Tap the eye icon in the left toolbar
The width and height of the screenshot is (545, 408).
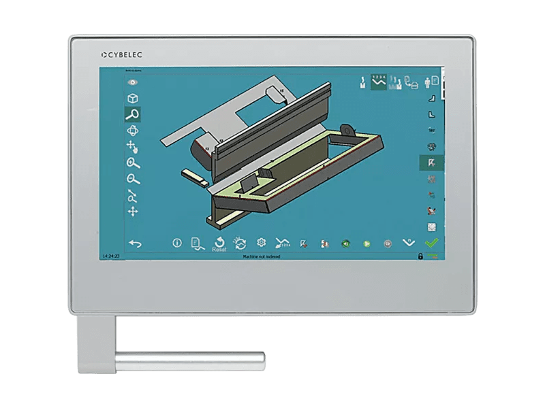pyautogui.click(x=133, y=82)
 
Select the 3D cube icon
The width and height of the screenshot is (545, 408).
pyautogui.click(x=133, y=98)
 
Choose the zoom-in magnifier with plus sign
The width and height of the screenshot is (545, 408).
pyautogui.click(x=133, y=163)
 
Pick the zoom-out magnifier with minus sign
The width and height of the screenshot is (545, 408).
pyautogui.click(x=133, y=180)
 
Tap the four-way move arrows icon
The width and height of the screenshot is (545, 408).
pyautogui.click(x=133, y=212)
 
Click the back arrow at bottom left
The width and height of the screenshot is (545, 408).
pyautogui.click(x=135, y=243)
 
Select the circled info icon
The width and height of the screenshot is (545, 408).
pyautogui.click(x=177, y=242)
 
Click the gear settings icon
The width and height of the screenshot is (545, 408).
pyautogui.click(x=260, y=242)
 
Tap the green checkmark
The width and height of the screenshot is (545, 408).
pyautogui.click(x=431, y=243)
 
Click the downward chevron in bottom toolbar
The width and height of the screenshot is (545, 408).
pyautogui.click(x=409, y=242)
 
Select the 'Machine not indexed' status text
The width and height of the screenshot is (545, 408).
pyautogui.click(x=262, y=257)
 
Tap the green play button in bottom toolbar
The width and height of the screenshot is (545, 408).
pyautogui.click(x=367, y=243)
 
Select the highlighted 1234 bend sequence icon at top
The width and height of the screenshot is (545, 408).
pyautogui.click(x=379, y=82)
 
